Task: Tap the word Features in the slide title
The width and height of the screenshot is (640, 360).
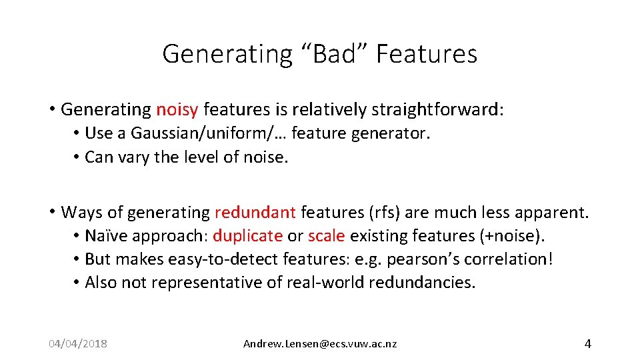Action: [x=427, y=54]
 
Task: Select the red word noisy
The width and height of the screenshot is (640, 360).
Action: [x=177, y=109]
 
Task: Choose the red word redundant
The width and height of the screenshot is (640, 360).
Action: [x=255, y=213]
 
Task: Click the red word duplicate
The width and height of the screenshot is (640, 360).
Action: [x=247, y=236]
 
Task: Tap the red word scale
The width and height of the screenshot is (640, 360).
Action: [x=326, y=236]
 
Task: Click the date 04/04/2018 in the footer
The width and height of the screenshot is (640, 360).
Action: [x=78, y=344]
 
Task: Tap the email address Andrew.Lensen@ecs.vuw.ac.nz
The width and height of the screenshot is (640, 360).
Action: [x=320, y=344]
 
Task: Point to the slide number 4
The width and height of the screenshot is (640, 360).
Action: [x=587, y=344]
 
